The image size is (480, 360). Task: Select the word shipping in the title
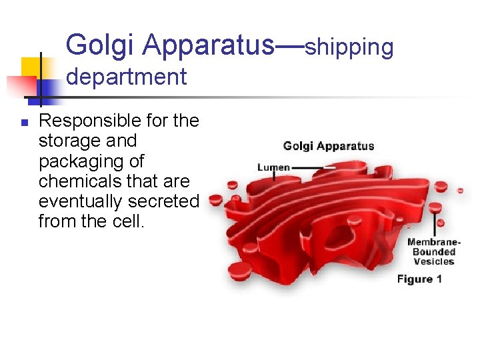(x=349, y=47)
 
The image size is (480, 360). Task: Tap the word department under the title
(x=126, y=77)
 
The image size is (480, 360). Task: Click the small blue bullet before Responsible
(x=23, y=122)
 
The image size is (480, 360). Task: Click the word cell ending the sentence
(x=129, y=221)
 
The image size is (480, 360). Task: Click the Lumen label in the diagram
(x=273, y=167)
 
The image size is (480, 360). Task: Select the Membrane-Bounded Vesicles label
(x=433, y=251)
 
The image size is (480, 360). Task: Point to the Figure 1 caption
(x=419, y=279)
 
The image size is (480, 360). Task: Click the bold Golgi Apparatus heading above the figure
(x=329, y=146)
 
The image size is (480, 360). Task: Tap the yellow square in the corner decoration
(x=30, y=67)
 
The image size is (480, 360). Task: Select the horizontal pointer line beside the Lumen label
(x=313, y=167)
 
